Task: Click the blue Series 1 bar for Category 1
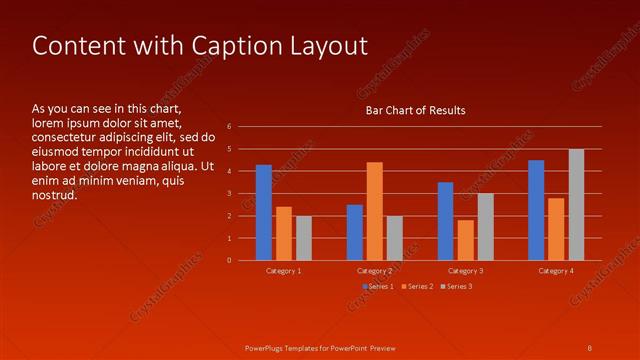[x=263, y=212]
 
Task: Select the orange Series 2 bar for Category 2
[x=374, y=211]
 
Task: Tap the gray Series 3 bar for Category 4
[x=576, y=205]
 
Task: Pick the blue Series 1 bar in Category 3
[x=445, y=221]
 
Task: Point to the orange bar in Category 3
[x=465, y=240]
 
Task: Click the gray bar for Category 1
[x=303, y=238]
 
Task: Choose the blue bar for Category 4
[x=536, y=210]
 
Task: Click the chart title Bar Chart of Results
[x=415, y=110]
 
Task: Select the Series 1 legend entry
[x=378, y=287]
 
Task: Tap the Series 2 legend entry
[x=418, y=287]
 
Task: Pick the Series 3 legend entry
[x=458, y=287]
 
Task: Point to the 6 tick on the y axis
[x=229, y=127]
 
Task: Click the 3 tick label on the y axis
[x=229, y=194]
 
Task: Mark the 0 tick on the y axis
[x=229, y=261]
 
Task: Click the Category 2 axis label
[x=374, y=271]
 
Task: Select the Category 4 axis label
[x=556, y=271]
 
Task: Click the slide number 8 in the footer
[x=589, y=347]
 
